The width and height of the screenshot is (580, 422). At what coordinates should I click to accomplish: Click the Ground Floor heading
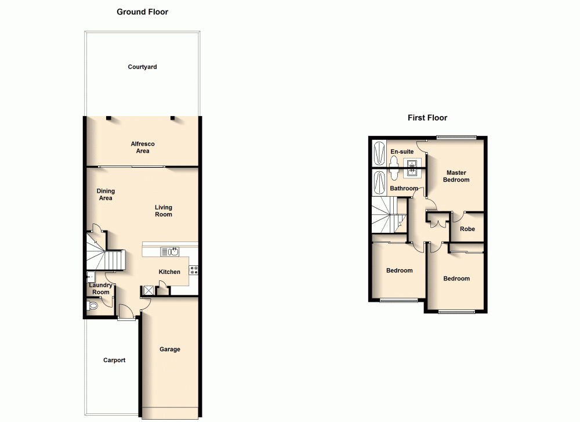point(142,12)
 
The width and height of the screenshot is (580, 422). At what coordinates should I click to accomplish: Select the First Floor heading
point(427,118)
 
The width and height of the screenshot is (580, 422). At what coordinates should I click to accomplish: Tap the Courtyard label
point(142,67)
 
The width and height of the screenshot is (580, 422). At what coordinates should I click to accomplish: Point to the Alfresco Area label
point(143,147)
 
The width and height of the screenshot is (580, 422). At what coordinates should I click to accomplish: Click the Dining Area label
point(106,194)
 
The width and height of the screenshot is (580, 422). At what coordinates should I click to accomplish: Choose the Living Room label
point(164,211)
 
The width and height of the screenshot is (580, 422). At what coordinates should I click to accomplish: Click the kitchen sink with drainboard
point(171,251)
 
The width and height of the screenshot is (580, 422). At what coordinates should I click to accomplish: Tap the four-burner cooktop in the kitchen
point(194,269)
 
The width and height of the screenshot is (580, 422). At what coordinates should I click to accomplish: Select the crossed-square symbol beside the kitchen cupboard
point(148,291)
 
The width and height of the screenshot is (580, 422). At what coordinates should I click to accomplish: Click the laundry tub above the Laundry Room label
point(90,277)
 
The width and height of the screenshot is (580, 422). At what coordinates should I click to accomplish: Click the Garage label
point(170,349)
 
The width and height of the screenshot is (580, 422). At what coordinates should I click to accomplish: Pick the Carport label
point(114,360)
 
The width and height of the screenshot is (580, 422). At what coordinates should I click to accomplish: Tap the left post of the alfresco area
point(108,118)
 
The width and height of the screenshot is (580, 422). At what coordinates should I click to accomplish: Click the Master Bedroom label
point(456,176)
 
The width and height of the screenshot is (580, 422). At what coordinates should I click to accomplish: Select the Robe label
point(467,229)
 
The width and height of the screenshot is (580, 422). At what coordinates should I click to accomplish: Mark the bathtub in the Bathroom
point(379,183)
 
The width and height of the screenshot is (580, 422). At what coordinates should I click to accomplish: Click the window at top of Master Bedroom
point(456,138)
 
